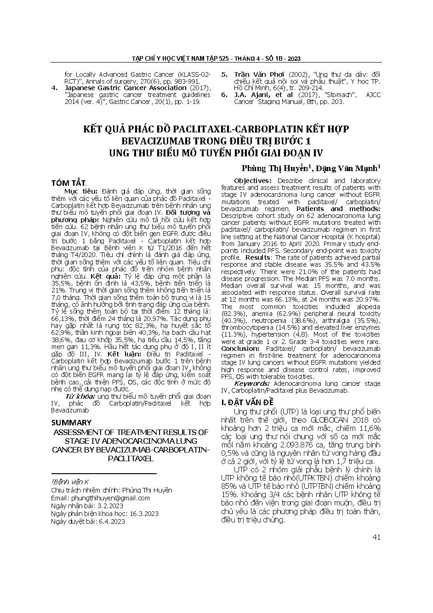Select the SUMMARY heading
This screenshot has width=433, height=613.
pyautogui.click(x=71, y=423)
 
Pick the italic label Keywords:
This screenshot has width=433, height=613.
pyautogui.click(x=252, y=383)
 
